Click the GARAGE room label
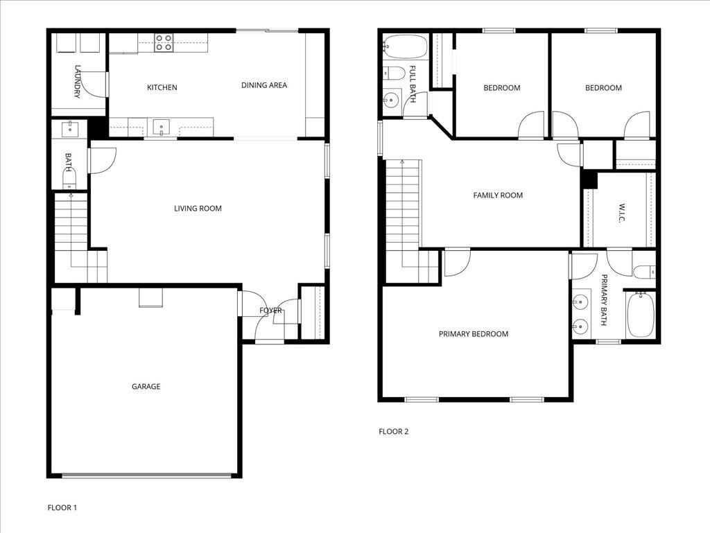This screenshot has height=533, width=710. (146, 387)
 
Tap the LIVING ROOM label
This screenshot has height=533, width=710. (198, 209)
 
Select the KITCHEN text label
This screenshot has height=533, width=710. (162, 88)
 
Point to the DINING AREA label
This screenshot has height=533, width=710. (263, 85)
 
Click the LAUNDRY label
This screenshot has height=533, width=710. (78, 81)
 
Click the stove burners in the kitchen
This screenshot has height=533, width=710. (164, 43)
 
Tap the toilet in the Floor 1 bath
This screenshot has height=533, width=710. (69, 182)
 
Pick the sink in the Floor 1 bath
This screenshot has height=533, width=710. (69, 128)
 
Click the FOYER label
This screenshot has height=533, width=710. (270, 311)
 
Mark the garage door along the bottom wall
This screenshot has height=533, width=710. (146, 475)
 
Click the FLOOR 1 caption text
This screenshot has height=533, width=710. (62, 508)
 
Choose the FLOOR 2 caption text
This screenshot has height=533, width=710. (393, 432)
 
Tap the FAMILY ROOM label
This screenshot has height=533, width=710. (498, 195)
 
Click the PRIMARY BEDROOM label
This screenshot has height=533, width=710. (473, 334)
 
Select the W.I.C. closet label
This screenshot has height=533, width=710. (621, 213)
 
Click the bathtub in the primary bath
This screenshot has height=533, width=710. (640, 316)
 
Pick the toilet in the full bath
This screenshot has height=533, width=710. (392, 72)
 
